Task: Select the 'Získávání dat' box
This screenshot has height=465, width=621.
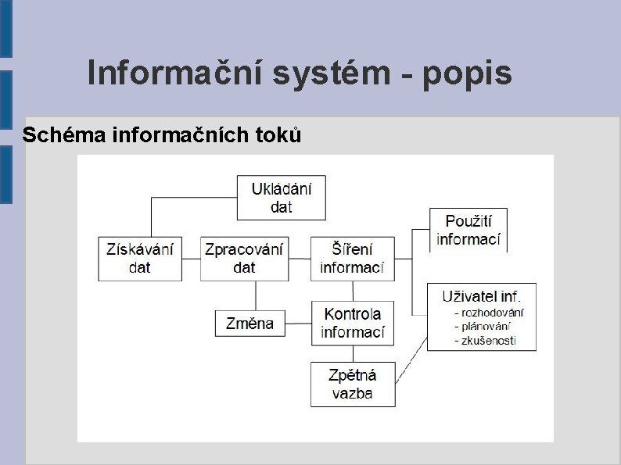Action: click(x=140, y=258)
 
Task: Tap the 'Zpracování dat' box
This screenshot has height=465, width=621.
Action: click(x=243, y=258)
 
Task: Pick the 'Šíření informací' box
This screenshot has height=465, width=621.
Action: click(x=352, y=258)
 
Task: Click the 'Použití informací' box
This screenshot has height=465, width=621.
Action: click(x=468, y=230)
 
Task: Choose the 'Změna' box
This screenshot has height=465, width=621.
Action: click(x=249, y=323)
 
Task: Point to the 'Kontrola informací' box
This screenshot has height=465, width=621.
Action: click(x=352, y=323)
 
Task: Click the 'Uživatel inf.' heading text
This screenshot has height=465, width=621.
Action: click(x=481, y=296)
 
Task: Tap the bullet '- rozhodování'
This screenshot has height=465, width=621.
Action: click(x=489, y=313)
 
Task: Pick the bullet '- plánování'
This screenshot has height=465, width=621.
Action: click(x=483, y=327)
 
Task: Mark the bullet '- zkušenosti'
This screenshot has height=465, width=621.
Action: click(x=485, y=341)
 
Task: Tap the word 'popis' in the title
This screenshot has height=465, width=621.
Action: click(x=468, y=73)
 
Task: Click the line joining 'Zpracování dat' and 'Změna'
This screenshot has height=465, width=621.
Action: click(x=256, y=295)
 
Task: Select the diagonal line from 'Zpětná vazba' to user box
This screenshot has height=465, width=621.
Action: click(x=411, y=360)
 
